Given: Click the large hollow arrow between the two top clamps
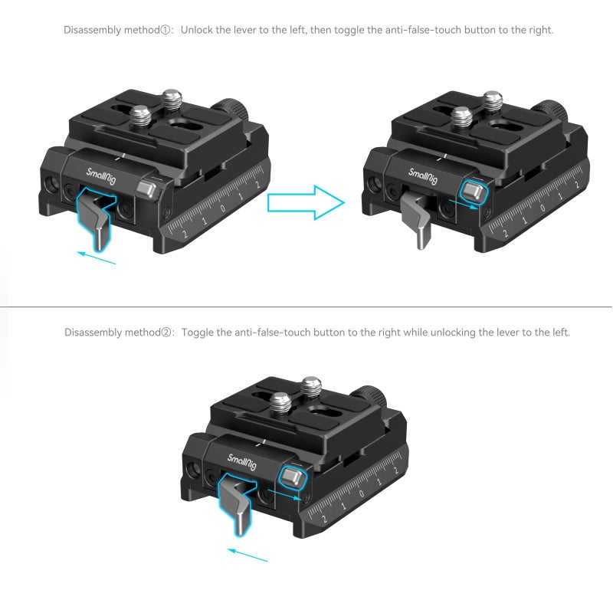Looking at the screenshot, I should [304, 202].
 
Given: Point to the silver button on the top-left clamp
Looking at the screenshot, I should [146, 186].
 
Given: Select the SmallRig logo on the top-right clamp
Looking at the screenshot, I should [421, 177].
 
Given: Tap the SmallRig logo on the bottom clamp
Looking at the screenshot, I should [242, 462].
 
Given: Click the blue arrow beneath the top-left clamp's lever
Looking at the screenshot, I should [97, 257].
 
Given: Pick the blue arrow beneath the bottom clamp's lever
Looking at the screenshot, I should [248, 554].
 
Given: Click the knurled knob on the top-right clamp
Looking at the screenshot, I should [553, 111].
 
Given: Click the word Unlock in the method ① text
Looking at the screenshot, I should [197, 31].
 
